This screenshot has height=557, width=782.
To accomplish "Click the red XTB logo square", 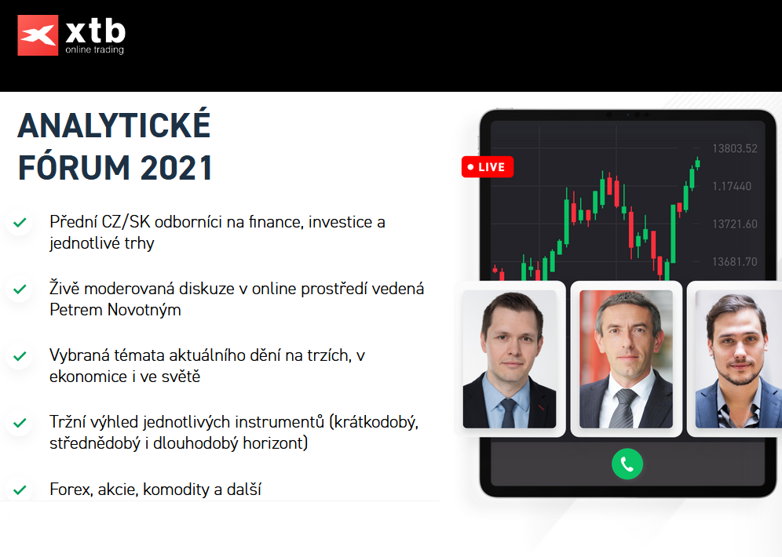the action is (x=38, y=35).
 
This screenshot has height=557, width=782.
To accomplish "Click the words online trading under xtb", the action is (x=95, y=50).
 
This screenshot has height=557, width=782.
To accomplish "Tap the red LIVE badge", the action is (x=488, y=167).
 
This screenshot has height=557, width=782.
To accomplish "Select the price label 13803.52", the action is (x=735, y=148).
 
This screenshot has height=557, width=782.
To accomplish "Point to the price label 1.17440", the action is (x=732, y=187).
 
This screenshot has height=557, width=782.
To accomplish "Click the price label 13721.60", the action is (x=735, y=224).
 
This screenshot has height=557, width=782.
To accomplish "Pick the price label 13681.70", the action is (x=735, y=262).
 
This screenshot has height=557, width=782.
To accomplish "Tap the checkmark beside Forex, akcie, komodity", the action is (x=20, y=490).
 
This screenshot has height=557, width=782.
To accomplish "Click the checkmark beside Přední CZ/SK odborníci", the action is (x=20, y=222).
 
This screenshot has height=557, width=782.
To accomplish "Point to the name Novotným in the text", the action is (x=144, y=310).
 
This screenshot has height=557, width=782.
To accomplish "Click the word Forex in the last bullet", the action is (x=71, y=490).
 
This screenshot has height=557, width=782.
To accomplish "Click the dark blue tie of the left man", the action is (x=508, y=413).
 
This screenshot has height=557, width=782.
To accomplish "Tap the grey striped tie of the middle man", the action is (x=625, y=409).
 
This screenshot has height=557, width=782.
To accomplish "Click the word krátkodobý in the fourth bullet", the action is (x=375, y=423).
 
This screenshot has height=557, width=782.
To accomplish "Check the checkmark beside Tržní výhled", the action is (x=20, y=423).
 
